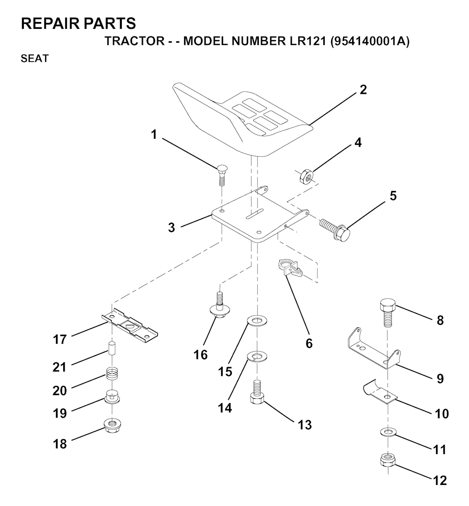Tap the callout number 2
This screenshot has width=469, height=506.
(x=363, y=90)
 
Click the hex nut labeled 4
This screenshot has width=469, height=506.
(x=305, y=176)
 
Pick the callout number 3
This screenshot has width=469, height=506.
(x=172, y=228)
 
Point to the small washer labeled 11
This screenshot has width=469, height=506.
(x=387, y=432)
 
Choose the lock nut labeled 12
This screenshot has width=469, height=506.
(x=387, y=460)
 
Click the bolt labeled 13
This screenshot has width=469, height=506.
(x=257, y=392)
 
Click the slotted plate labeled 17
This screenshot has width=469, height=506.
(x=130, y=325)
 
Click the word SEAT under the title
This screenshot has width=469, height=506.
(x=34, y=59)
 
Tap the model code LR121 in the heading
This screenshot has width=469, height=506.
(x=305, y=41)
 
